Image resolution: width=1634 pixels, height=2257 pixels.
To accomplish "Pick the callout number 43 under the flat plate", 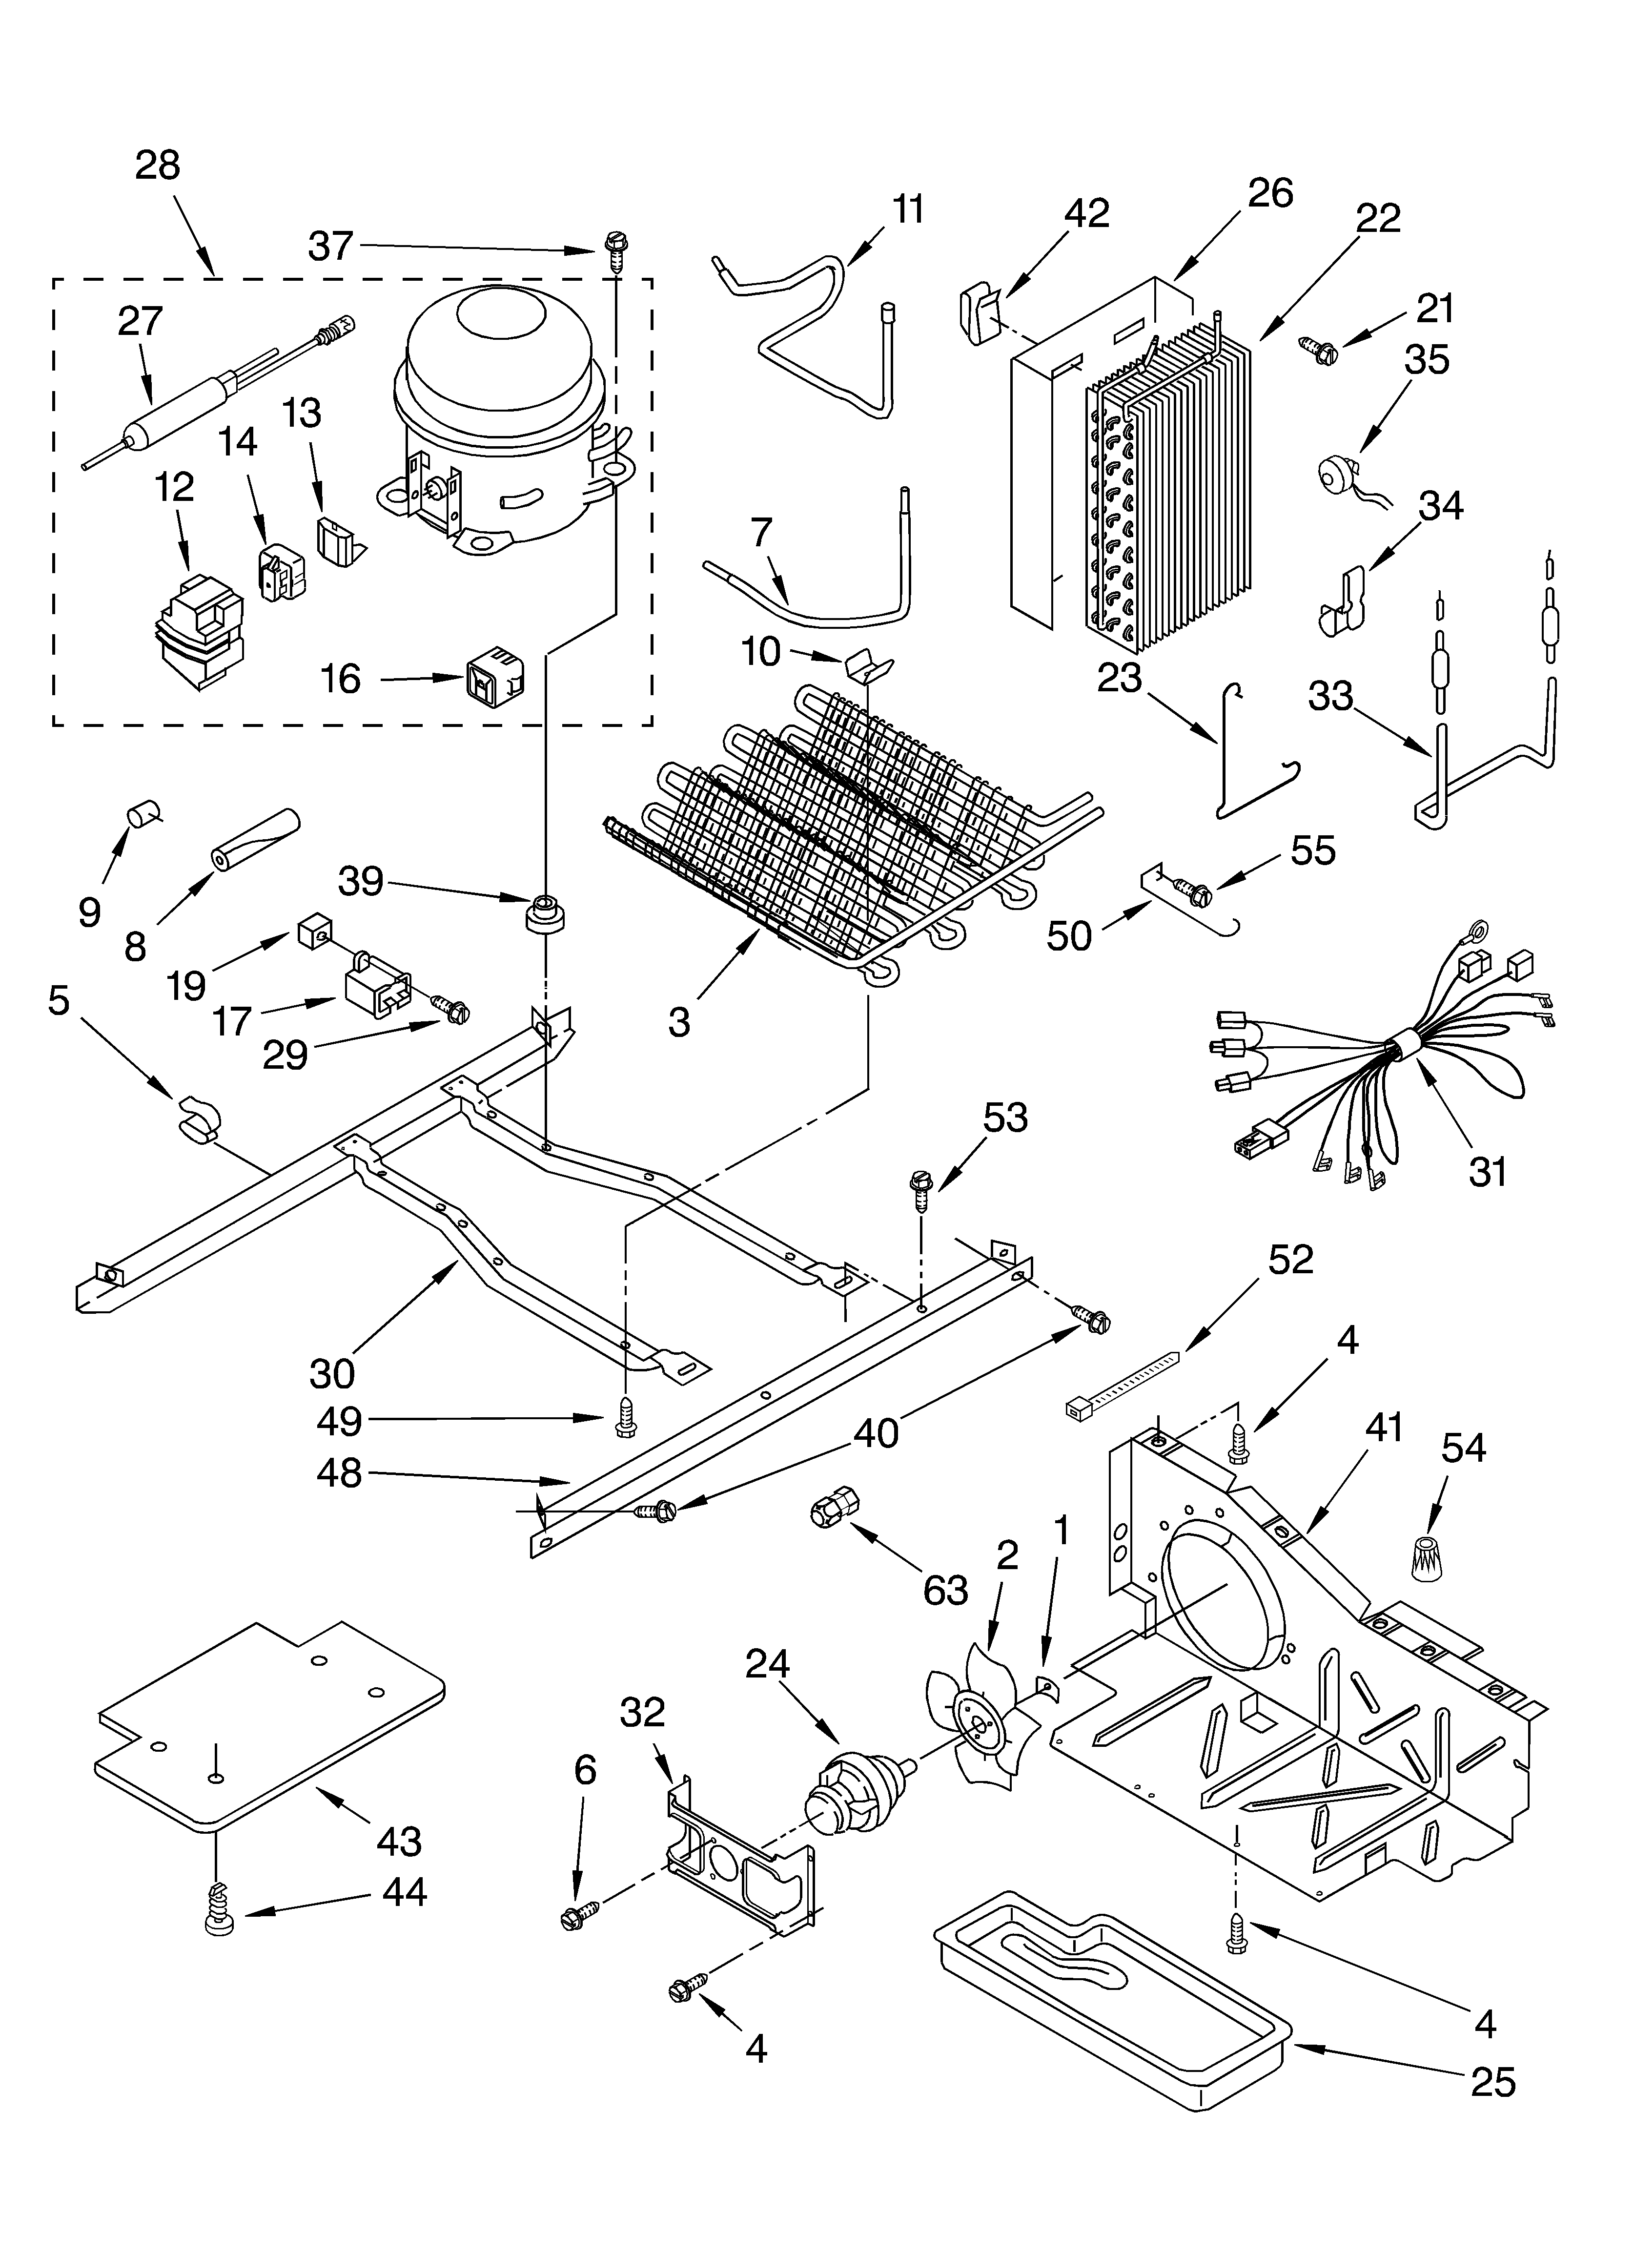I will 399,1841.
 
